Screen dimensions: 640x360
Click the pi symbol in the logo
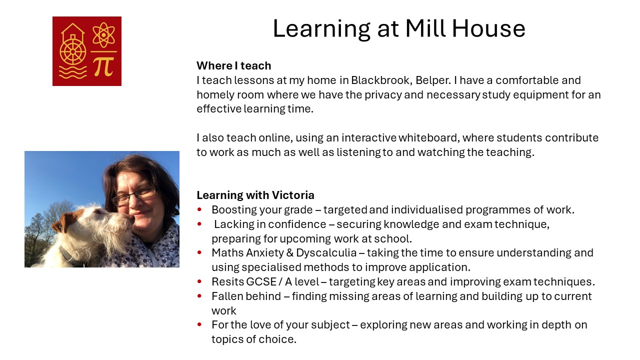tap(103, 66)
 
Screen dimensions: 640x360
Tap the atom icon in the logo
tap(103, 35)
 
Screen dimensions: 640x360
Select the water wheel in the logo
tap(73, 51)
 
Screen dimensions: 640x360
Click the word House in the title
tap(488, 28)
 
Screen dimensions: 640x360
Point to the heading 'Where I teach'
tap(233, 65)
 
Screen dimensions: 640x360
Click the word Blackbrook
tap(381, 80)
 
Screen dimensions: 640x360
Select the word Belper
tap(433, 80)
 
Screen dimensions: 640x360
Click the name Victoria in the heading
tap(293, 195)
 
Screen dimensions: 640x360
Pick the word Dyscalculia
tap(326, 253)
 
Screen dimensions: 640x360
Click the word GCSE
tap(261, 281)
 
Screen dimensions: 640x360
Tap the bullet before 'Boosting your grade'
tap(199, 209)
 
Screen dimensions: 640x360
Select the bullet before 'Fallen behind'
tap(199, 296)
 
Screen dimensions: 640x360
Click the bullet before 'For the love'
tap(199, 324)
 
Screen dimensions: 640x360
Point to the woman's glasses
tap(134, 195)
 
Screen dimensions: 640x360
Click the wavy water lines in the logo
tap(72, 72)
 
